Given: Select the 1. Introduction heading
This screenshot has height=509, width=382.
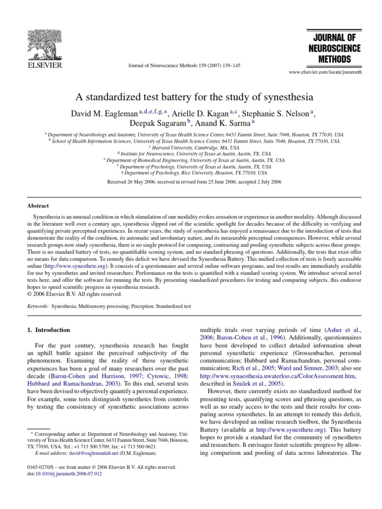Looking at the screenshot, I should click(x=49, y=330).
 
